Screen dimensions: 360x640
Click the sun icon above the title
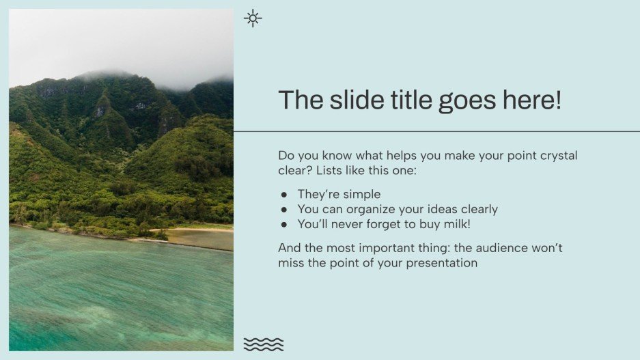253,18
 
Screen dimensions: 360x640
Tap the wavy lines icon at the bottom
263,344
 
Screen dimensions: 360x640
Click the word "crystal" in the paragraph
557,156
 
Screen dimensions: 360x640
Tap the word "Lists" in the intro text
330,170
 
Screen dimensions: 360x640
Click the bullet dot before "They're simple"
283,195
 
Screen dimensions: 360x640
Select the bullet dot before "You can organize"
283,210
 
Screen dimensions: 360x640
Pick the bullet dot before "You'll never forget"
283,224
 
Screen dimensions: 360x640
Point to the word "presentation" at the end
442,263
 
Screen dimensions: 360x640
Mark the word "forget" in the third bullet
386,224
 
